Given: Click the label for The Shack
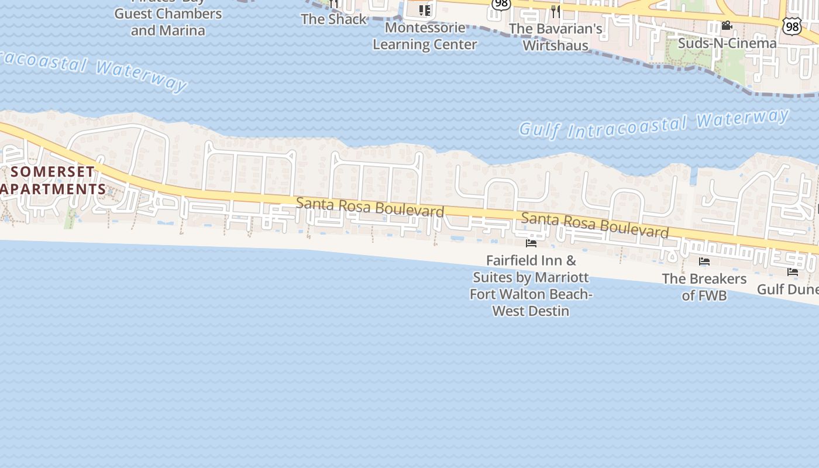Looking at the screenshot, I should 333,19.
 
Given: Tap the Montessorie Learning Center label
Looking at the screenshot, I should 425,36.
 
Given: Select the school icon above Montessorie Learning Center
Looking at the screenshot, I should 425,10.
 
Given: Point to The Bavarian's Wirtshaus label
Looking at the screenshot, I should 555,36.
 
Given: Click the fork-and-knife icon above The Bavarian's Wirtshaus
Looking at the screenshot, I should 555,11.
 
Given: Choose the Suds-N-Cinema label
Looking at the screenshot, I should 727,43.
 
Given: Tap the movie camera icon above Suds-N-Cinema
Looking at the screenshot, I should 727,26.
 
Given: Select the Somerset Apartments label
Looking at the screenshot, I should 53,180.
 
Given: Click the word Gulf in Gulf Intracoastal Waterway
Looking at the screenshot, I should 539,129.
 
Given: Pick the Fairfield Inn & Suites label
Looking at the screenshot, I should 531,285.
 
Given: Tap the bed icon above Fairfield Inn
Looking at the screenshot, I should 531,243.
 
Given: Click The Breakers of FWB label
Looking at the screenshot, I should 704,287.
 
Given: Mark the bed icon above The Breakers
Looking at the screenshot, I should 704,261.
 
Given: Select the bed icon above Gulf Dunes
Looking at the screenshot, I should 793,271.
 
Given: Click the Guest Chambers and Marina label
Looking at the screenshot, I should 168,22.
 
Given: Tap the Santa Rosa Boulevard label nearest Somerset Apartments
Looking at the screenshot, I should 370,207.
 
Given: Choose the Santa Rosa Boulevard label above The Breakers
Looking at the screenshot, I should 594,225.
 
